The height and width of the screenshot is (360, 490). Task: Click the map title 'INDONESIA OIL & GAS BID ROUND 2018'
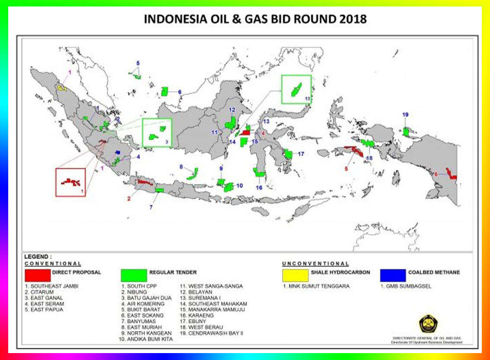click(255, 19)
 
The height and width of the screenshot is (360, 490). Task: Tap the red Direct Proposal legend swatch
click(38, 275)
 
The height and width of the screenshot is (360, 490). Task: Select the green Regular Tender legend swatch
click(134, 275)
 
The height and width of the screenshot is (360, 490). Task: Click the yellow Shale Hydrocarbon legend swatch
click(295, 275)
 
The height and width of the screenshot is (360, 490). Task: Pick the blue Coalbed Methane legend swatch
click(393, 275)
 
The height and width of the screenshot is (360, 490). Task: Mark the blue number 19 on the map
click(405, 115)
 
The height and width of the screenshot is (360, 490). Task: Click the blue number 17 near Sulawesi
click(301, 154)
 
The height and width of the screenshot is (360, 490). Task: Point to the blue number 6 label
click(179, 92)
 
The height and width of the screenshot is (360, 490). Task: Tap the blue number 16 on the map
click(259, 188)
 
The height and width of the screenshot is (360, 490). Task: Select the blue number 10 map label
click(239, 186)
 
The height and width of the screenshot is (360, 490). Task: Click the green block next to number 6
click(165, 91)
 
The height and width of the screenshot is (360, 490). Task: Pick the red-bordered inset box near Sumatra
click(70, 182)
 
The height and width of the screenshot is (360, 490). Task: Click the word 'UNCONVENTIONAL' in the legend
click(315, 264)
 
